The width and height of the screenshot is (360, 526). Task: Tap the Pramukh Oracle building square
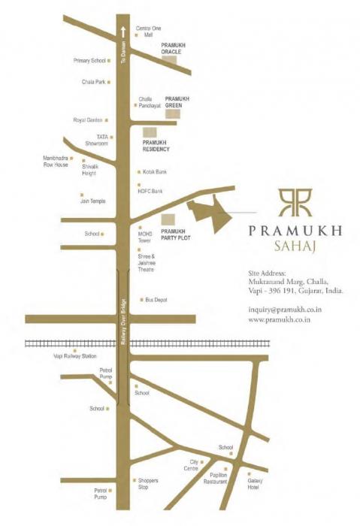(x=171, y=61)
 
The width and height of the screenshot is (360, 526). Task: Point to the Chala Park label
(x=93, y=82)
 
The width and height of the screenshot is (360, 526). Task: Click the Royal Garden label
(x=87, y=119)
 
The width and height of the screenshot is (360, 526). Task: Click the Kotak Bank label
(x=154, y=172)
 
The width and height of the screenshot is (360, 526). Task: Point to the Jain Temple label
(x=93, y=201)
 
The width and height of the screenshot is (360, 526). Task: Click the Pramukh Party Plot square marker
(x=168, y=219)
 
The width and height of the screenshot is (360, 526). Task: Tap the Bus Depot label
(x=156, y=300)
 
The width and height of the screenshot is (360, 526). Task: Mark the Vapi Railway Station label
(x=75, y=356)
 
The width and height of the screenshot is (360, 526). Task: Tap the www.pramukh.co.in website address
(x=280, y=320)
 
